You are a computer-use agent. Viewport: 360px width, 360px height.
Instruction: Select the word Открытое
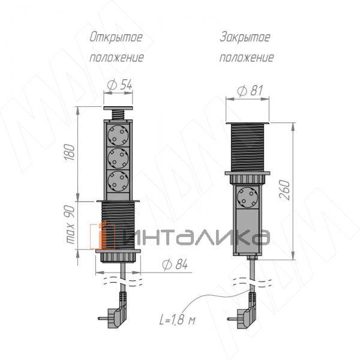coord(116,37)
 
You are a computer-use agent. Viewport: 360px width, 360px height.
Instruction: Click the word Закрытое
coord(245,37)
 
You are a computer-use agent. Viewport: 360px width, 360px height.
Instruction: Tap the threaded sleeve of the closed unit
coord(247,146)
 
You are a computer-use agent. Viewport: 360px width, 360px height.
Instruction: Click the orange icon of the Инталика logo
coord(100,236)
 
